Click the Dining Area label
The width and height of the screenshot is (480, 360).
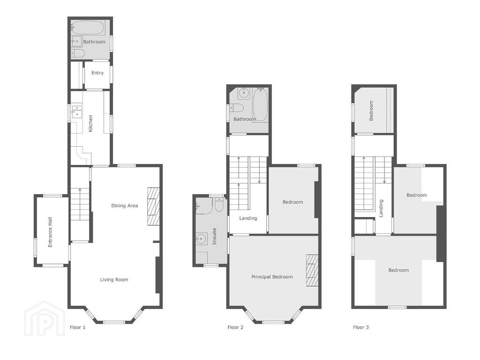125,206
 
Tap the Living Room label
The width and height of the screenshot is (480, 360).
114,279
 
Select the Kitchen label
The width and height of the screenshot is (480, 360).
90,123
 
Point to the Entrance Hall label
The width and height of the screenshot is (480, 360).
50,232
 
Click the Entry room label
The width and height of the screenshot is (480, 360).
97,73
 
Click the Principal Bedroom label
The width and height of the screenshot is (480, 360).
272,277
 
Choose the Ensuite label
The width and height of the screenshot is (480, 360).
214,236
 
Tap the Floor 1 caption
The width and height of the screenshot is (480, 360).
77,327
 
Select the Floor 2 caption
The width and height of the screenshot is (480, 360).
235,327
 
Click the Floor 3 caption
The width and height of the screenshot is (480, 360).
361,327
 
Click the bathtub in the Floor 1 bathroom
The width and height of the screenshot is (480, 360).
88,28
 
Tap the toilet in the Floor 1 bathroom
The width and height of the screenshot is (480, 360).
78,53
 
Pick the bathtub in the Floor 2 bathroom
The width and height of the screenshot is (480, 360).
261,105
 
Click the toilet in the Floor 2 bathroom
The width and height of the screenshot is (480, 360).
237,108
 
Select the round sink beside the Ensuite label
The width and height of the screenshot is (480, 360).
201,238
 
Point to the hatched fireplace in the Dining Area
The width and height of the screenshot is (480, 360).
153,207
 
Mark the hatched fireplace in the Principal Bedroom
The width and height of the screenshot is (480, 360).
312,270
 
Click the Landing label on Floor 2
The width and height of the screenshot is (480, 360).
248,218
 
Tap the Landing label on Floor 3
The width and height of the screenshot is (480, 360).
381,209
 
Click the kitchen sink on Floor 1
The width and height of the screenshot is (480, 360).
77,111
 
